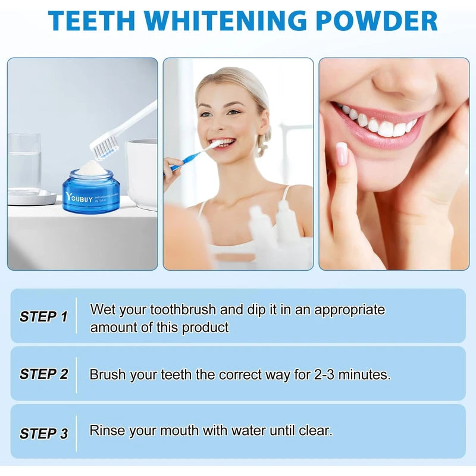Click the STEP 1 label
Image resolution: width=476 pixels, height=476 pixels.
(x=43, y=317)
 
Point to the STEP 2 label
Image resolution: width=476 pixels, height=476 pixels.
(x=43, y=374)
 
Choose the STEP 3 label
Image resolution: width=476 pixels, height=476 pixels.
(x=43, y=434)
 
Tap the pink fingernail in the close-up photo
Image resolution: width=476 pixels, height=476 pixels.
(x=342, y=154)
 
